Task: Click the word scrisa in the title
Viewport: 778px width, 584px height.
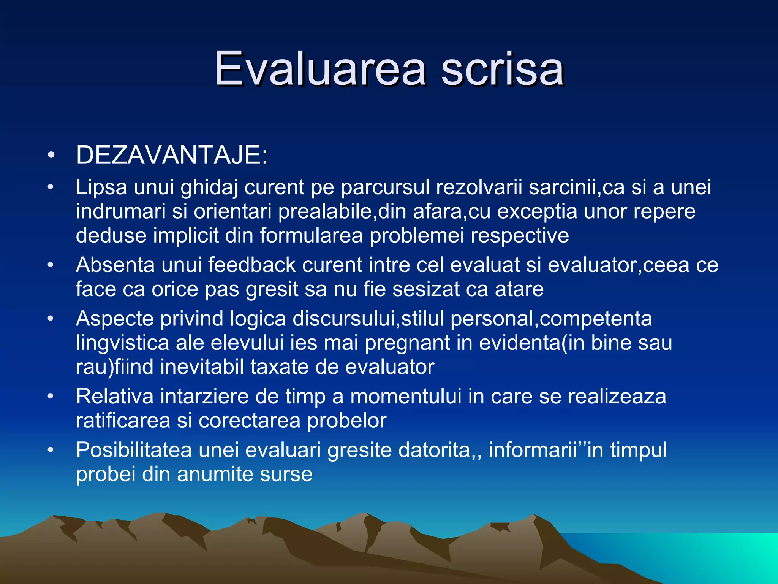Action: tap(502, 69)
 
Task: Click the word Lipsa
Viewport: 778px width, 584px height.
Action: tap(101, 187)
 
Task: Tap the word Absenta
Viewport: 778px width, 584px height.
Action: tap(115, 265)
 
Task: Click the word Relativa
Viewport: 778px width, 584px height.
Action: tap(115, 397)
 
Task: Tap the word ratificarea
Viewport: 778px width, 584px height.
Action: tap(123, 421)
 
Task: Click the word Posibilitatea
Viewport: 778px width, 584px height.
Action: tap(134, 450)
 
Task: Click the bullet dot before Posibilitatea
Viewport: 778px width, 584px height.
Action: tap(51, 450)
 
